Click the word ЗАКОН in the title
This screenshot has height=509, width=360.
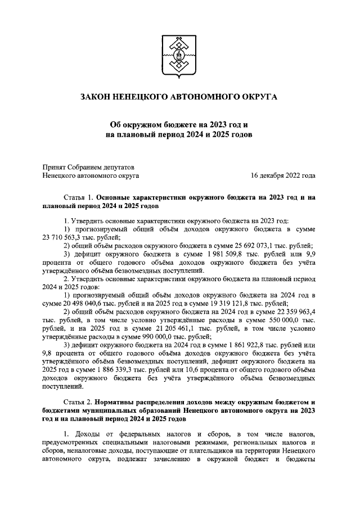click(x=97, y=97)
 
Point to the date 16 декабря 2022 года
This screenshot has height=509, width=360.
click(x=282, y=175)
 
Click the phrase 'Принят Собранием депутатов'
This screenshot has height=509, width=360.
click(x=89, y=166)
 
